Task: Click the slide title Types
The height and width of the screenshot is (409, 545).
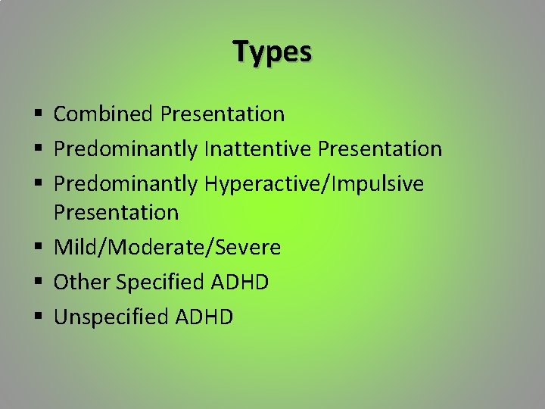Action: [x=272, y=52]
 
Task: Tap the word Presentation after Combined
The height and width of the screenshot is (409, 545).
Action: [x=223, y=114]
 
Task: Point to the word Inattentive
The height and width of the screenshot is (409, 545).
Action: [x=258, y=149]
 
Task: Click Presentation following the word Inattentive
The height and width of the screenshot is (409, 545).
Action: [x=380, y=149]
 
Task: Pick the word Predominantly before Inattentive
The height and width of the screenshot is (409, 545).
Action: [x=126, y=149]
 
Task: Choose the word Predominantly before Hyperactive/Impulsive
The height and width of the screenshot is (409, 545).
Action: [x=126, y=184]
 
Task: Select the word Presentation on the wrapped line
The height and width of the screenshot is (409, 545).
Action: [x=116, y=213]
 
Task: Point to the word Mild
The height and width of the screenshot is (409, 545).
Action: [x=73, y=248]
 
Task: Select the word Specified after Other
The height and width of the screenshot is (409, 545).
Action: [x=161, y=283]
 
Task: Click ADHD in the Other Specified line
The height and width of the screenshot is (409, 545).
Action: [x=240, y=283]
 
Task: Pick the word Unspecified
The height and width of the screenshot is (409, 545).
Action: [x=111, y=317]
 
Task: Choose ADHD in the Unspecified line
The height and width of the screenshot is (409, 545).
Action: [x=204, y=317]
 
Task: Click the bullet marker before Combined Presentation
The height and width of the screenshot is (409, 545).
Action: [x=38, y=115]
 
